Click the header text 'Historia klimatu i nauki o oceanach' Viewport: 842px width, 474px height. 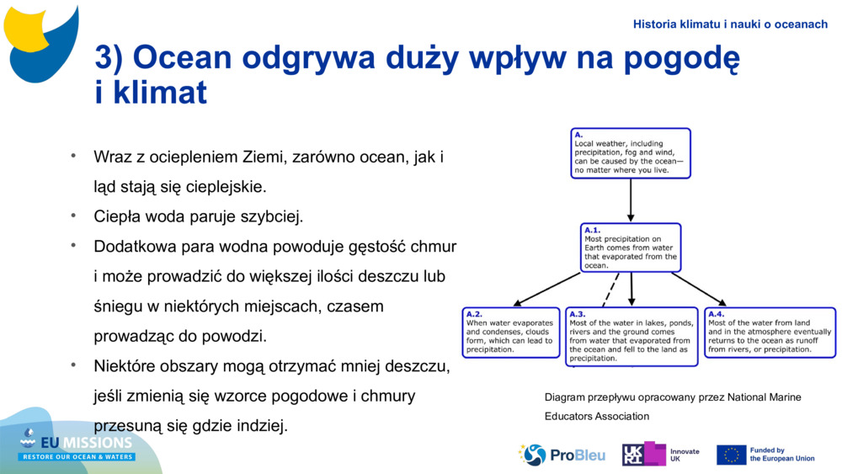(x=730, y=24)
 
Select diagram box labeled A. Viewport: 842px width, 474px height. (x=630, y=152)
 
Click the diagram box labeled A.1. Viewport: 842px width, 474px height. (x=631, y=248)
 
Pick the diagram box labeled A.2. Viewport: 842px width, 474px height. (x=511, y=333)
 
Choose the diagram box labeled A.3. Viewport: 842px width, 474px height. (x=631, y=337)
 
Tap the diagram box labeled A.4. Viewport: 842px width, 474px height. (x=770, y=333)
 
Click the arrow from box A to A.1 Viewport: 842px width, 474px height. (x=631, y=200)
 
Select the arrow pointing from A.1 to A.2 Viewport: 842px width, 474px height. (x=547, y=289)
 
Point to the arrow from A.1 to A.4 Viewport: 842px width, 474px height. (x=699, y=289)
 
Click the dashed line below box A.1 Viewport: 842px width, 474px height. (x=611, y=290)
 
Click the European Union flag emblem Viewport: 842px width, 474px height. (x=731, y=455)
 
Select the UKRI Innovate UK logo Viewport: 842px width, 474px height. (x=659, y=455)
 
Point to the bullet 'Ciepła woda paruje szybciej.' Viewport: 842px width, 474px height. (x=198, y=216)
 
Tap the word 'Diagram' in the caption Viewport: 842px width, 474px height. (x=563, y=397)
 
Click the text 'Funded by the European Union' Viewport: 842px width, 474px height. (x=781, y=455)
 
